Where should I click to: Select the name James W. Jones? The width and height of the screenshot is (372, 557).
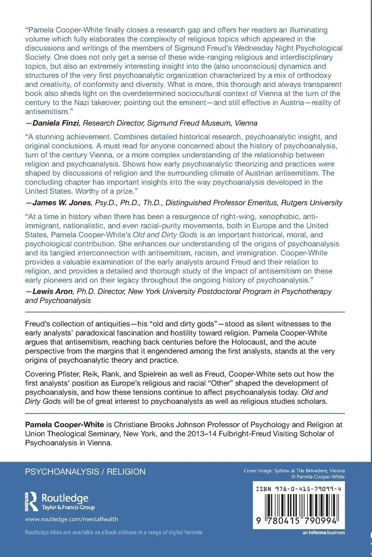click(62, 203)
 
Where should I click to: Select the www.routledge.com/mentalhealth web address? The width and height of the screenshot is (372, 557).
click(71, 519)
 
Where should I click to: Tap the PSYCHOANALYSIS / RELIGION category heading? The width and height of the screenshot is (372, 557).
click(85, 471)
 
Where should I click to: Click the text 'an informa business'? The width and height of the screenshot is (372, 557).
click(324, 532)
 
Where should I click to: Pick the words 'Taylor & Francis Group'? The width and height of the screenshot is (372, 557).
click(68, 507)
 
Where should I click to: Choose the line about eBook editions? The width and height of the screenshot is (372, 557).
click(114, 532)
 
